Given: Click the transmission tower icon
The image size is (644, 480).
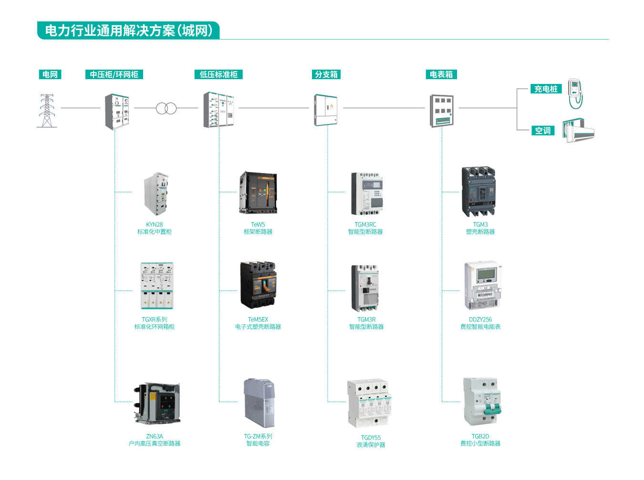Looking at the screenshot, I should (x=47, y=111).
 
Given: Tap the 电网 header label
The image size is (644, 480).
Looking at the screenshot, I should (x=50, y=74).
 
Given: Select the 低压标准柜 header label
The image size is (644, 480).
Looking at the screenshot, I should (x=218, y=74).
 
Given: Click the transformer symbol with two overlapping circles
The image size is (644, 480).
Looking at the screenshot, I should (x=166, y=109).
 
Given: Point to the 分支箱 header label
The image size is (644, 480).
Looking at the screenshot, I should (x=326, y=74).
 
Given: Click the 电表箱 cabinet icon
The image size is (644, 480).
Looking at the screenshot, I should (x=442, y=111).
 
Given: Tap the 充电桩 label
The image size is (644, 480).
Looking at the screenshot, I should (x=546, y=89).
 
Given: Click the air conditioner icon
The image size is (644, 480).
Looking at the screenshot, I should (x=578, y=131).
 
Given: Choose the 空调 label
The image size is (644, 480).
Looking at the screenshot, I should (x=543, y=131).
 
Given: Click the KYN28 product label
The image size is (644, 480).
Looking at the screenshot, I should (x=155, y=228).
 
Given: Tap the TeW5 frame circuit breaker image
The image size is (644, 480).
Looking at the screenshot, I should (x=258, y=193).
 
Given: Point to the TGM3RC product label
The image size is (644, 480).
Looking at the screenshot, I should (x=365, y=228).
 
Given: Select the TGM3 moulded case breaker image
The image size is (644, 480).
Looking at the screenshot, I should (x=478, y=192).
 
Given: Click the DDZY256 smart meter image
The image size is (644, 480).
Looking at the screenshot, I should (x=482, y=285).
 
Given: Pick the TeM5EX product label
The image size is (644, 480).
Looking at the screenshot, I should (x=258, y=323).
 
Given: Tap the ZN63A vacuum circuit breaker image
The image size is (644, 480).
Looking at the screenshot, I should (x=157, y=403).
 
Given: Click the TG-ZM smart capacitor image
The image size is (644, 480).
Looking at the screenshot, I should (x=260, y=403).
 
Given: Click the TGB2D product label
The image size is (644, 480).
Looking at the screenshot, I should (x=480, y=440).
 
